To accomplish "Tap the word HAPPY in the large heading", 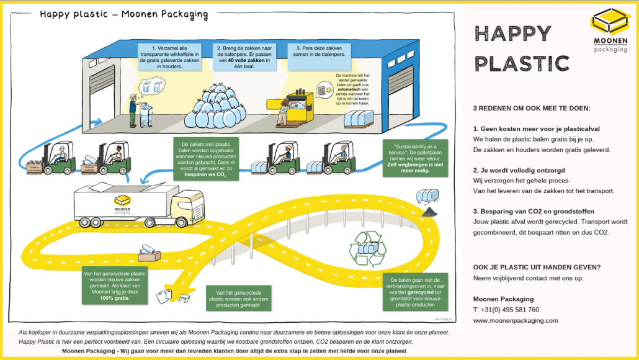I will [x=512, y=34].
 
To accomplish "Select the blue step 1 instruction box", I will [x=161, y=56].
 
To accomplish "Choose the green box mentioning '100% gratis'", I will [x=115, y=286].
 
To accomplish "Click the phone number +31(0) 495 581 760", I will [x=506, y=310].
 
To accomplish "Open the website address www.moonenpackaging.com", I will [x=516, y=320].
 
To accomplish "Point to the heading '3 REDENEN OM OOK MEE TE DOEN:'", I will [x=532, y=108].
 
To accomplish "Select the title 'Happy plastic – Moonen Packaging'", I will [x=124, y=14].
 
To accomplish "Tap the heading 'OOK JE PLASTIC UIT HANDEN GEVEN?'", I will [x=537, y=268].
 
